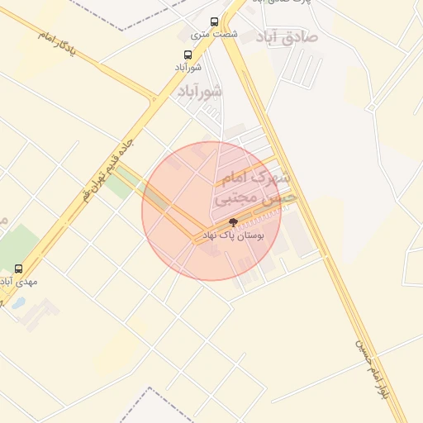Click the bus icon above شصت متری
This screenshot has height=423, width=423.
coord(215,22)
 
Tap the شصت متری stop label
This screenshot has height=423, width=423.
coord(214,35)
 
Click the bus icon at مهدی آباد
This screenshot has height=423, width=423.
coord(19,269)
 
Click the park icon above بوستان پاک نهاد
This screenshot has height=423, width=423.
coord(233,222)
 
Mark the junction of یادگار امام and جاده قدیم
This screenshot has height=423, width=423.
coord(153,100)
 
